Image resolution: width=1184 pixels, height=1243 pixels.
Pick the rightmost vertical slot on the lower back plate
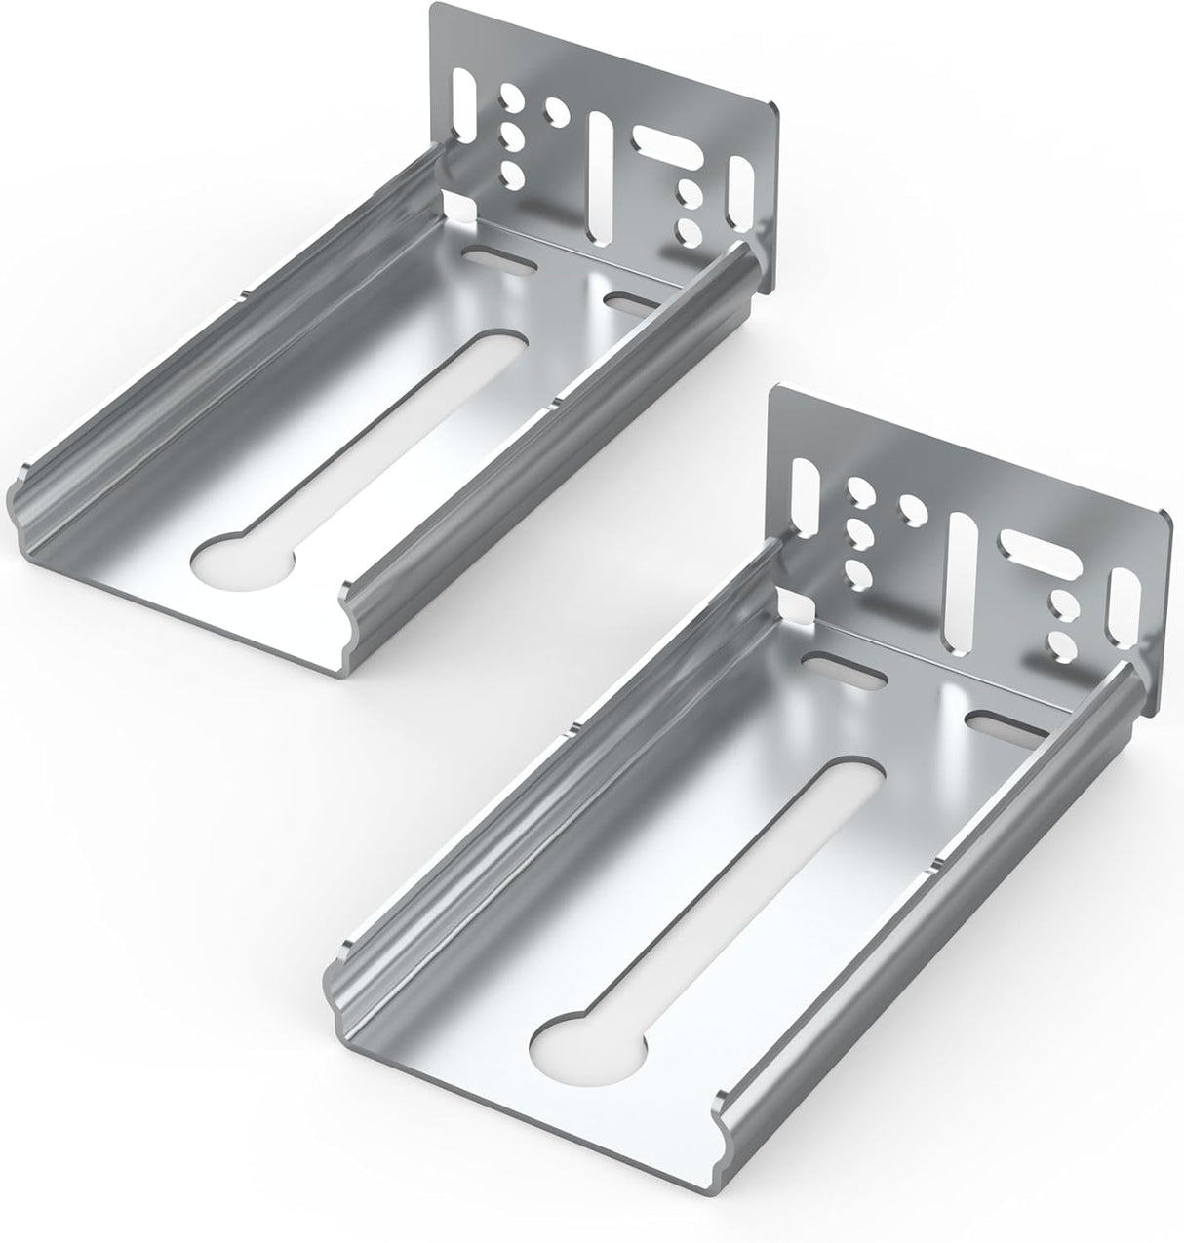1122,619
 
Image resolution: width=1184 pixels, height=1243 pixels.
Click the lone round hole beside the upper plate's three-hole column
558,121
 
